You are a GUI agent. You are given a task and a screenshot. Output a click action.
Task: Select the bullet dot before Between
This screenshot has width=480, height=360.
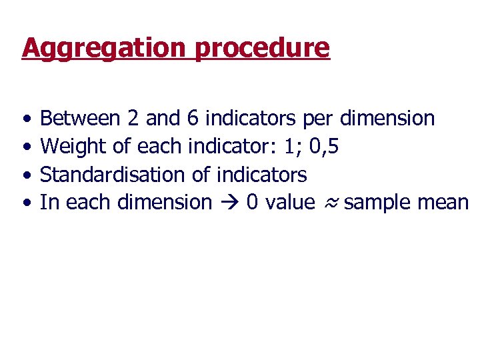25,119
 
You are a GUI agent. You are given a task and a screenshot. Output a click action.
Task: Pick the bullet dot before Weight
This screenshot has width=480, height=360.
25,147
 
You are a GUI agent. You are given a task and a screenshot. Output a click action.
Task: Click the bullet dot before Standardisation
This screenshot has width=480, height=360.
25,175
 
